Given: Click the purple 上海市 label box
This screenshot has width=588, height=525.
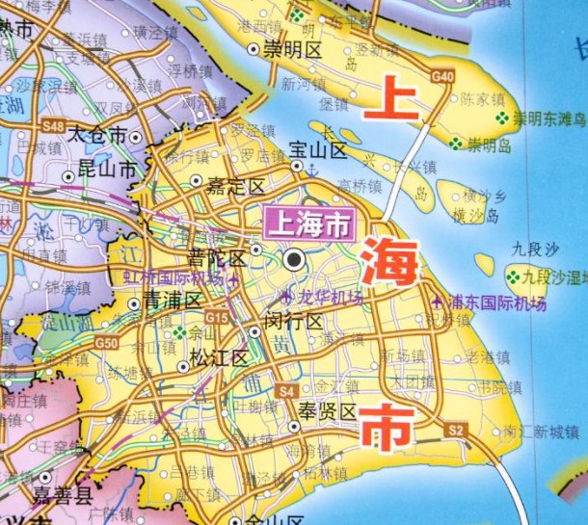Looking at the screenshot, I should (x=308, y=225).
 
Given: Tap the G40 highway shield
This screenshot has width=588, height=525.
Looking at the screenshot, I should (x=443, y=76).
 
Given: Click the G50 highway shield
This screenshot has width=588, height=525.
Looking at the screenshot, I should (x=106, y=342).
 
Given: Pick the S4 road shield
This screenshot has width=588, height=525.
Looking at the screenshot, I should (x=285, y=390).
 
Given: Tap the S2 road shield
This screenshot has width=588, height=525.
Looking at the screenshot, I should (x=456, y=428).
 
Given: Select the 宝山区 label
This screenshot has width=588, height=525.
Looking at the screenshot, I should (x=318, y=150).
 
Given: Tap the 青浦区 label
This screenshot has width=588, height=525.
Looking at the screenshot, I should (x=171, y=300).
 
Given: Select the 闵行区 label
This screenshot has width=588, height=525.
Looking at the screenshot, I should (x=294, y=321).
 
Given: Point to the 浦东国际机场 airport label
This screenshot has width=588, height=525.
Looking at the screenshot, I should (x=487, y=299).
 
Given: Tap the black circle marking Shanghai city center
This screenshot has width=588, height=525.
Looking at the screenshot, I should (x=294, y=259).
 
